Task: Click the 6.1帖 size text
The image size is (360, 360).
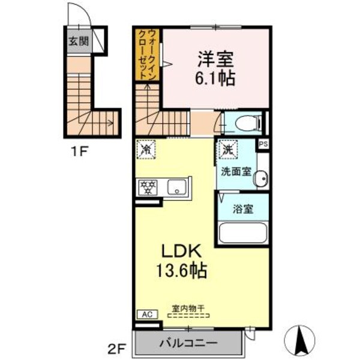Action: point(214,77)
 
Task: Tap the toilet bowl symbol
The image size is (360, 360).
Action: point(247,124)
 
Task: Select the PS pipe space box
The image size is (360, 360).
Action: point(263,145)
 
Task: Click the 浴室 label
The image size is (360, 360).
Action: point(243,209)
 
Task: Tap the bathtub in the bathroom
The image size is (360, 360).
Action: point(242,233)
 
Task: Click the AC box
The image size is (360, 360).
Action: point(146,314)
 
